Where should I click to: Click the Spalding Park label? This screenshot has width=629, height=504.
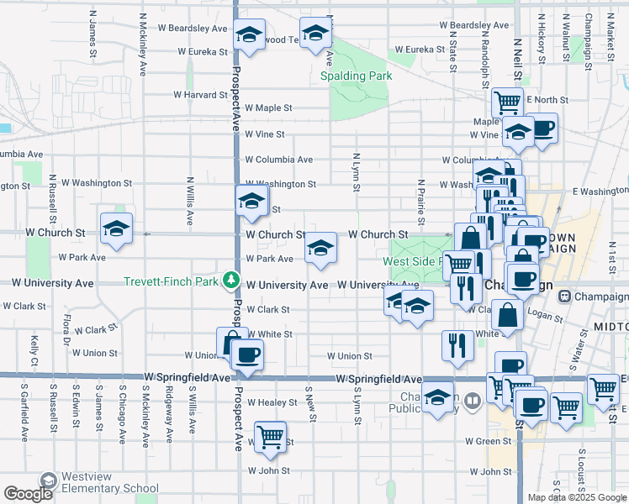pyautogui.click(x=357, y=76)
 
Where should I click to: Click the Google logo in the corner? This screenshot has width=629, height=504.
pyautogui.click(x=28, y=493)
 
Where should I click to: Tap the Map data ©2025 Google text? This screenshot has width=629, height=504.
pyautogui.click(x=577, y=497)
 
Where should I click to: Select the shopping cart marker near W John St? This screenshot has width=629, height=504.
pyautogui.click(x=270, y=437)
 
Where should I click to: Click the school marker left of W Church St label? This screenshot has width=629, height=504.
pyautogui.click(x=116, y=228)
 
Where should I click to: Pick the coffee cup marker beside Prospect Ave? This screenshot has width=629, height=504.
pyautogui.click(x=246, y=354)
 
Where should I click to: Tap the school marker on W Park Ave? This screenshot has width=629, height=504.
pyautogui.click(x=320, y=248)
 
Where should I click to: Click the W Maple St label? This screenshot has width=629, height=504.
pyautogui.click(x=268, y=108)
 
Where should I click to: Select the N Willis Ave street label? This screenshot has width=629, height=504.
pyautogui.click(x=190, y=202)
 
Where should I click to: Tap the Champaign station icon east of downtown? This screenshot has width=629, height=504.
pyautogui.click(x=565, y=297)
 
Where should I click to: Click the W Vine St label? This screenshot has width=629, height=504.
pyautogui.click(x=265, y=134)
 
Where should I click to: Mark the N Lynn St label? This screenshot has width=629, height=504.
pyautogui.click(x=357, y=172)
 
